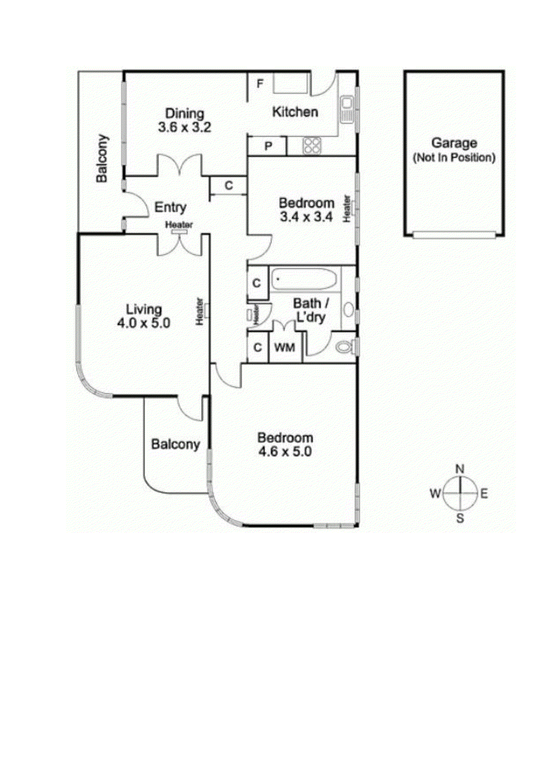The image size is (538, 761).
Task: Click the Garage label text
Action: pos(454,143)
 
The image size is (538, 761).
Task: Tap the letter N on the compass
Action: pos(460,469)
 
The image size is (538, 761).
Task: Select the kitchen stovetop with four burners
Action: pos(312,146)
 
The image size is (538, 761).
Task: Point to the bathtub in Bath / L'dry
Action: pos(304,279)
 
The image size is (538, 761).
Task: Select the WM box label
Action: pos(284,348)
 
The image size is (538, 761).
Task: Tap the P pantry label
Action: pos(268,146)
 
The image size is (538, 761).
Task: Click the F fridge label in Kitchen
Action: pos(260,84)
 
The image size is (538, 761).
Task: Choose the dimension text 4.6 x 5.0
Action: pos(284,451)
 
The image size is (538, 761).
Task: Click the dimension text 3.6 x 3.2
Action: pos(185,127)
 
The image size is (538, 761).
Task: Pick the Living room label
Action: pos(144,309)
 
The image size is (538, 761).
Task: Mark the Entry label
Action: pos(170,207)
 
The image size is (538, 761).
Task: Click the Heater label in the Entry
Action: pos(179,224)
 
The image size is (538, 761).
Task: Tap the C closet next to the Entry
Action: pos(229,185)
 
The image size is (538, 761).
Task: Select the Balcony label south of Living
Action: pos(176,444)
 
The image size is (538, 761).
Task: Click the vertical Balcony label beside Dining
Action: pos(102,158)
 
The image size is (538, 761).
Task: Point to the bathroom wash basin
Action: pos(349,310)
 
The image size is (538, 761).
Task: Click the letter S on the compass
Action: pos(460,518)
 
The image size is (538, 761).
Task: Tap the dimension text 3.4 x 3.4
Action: pos(306,217)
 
